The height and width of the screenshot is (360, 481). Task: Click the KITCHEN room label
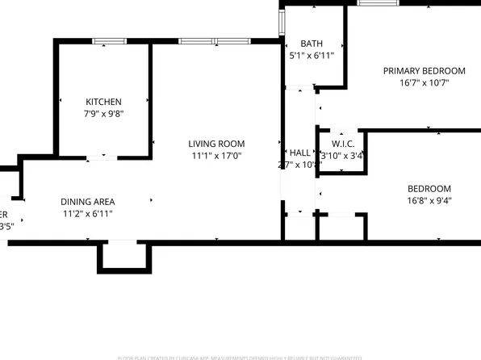pyautogui.click(x=103, y=102)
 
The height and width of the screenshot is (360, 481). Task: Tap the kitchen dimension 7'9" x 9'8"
pyautogui.click(x=103, y=114)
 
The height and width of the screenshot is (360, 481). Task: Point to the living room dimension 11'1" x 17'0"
pyautogui.click(x=216, y=156)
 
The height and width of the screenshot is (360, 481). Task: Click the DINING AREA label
pyautogui.click(x=87, y=202)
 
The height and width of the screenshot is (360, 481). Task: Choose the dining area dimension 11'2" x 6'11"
pyautogui.click(x=87, y=214)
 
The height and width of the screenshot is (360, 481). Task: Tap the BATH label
pyautogui.click(x=312, y=44)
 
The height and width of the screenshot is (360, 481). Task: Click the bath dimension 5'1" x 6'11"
pyautogui.click(x=312, y=56)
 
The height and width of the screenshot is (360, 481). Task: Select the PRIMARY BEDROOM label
pyautogui.click(x=424, y=70)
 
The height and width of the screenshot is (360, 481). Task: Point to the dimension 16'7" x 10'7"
pyautogui.click(x=424, y=82)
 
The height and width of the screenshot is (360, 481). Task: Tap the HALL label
pyautogui.click(x=299, y=153)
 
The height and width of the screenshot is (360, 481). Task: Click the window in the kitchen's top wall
pyautogui.click(x=109, y=41)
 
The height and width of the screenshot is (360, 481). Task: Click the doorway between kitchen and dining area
pyautogui.click(x=102, y=157)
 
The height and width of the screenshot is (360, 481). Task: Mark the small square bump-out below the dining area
pyautogui.click(x=124, y=257)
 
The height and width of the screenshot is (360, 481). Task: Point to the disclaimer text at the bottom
pyautogui.click(x=240, y=356)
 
